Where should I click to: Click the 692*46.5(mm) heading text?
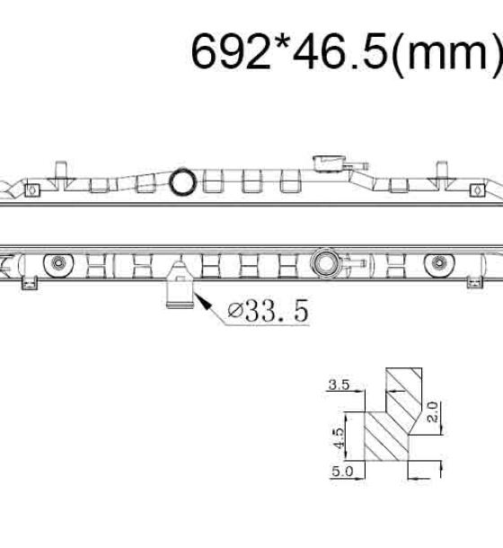click(347, 52)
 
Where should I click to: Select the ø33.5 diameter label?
click(268, 310)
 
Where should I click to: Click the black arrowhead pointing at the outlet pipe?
click(203, 302)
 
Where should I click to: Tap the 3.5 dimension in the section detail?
click(339, 384)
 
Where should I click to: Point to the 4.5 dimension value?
click(339, 438)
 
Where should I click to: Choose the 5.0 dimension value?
click(342, 472)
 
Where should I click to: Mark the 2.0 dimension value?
click(433, 412)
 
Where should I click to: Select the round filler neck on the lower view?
click(326, 264)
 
